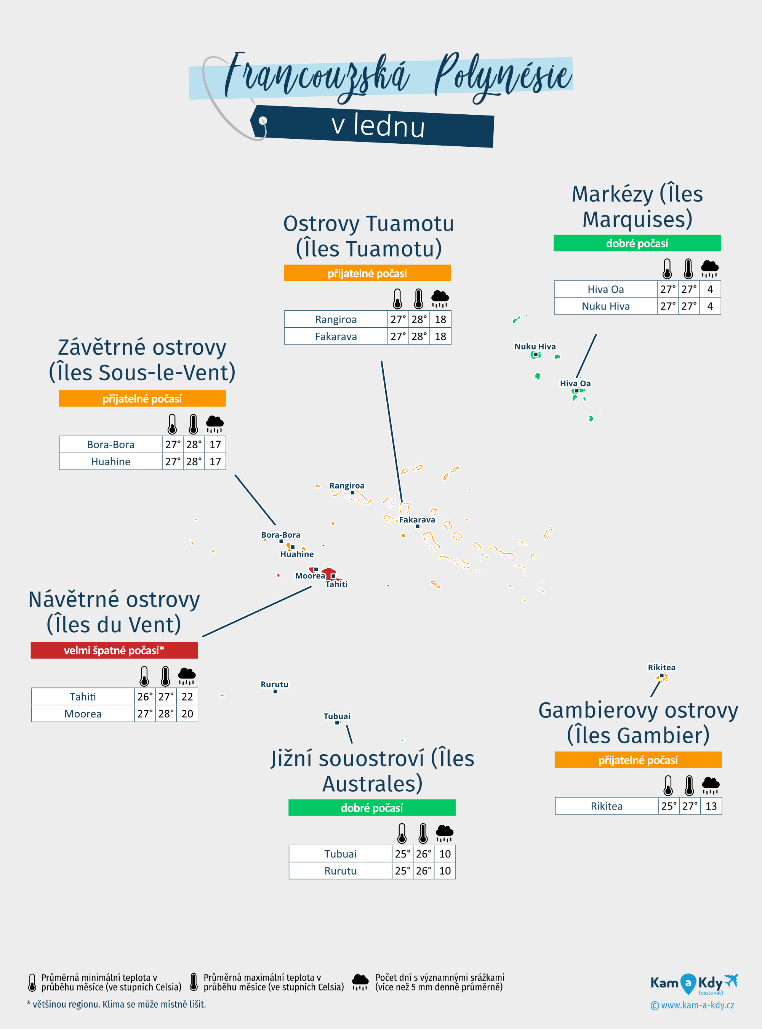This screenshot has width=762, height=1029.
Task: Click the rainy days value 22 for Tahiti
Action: [187, 696]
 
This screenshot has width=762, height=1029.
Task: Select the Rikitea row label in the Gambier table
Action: [607, 806]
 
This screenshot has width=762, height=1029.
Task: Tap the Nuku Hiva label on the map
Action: [535, 346]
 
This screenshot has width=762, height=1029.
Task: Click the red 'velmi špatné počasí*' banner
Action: [114, 650]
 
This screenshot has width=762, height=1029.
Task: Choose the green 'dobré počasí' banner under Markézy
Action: [637, 243]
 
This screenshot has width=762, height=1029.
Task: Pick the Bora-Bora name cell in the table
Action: [111, 444]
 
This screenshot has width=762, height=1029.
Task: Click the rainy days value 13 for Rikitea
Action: [711, 806]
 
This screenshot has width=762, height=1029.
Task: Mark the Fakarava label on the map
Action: [416, 519]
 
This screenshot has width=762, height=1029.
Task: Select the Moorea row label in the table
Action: [83, 713]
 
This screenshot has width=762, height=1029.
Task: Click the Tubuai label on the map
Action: [337, 716]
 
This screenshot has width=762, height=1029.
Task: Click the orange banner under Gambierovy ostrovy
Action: [637, 760]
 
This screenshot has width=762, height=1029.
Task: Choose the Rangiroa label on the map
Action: [346, 486]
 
